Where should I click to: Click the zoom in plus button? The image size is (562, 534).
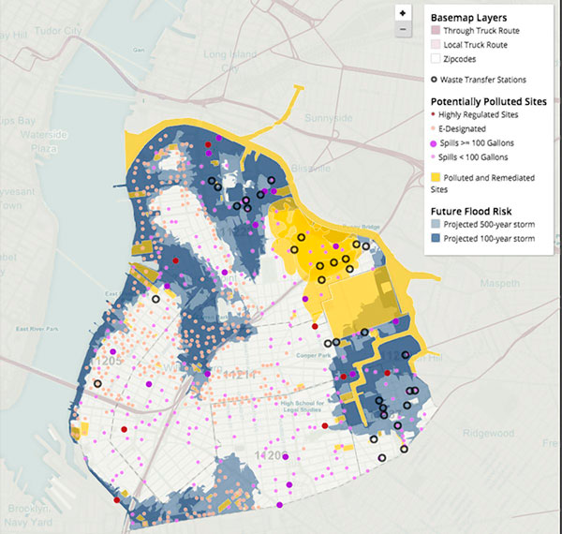pos(402,14)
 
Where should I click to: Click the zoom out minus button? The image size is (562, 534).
pos(402,29)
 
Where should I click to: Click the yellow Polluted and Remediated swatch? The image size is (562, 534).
pos(436,176)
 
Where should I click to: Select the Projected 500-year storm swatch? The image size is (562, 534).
pos(436,225)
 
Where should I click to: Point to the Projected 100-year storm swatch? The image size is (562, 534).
pos(436,239)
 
